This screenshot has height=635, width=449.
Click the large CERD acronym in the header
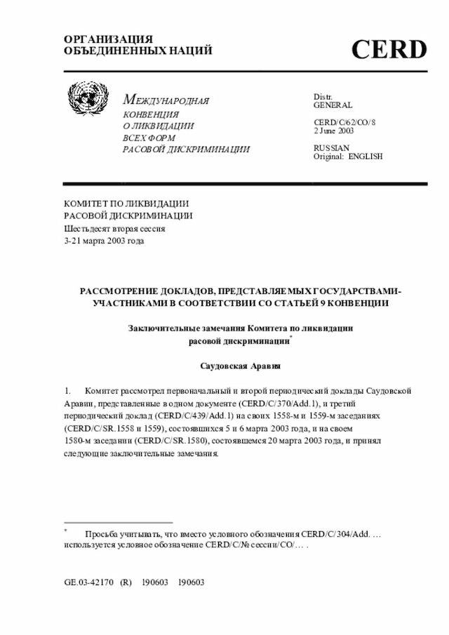[x=389, y=50]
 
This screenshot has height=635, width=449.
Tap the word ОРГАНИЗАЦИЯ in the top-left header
[x=99, y=39]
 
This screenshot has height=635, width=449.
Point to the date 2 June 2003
[x=333, y=131]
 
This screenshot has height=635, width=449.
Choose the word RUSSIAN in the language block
[x=331, y=148]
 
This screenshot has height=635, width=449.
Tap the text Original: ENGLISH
[x=348, y=156]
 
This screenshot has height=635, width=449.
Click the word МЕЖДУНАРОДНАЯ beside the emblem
[x=166, y=101]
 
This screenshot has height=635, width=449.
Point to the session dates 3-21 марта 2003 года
[x=105, y=241]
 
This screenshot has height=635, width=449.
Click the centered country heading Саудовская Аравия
[x=239, y=366]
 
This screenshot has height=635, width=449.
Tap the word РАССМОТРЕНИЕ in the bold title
[x=123, y=290]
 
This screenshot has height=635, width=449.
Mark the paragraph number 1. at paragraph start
[x=68, y=390]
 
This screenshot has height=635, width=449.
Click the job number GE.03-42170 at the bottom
[x=88, y=582]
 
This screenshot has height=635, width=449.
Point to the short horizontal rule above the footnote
[x=118, y=523]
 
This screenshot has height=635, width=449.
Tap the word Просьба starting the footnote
[x=101, y=535]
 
